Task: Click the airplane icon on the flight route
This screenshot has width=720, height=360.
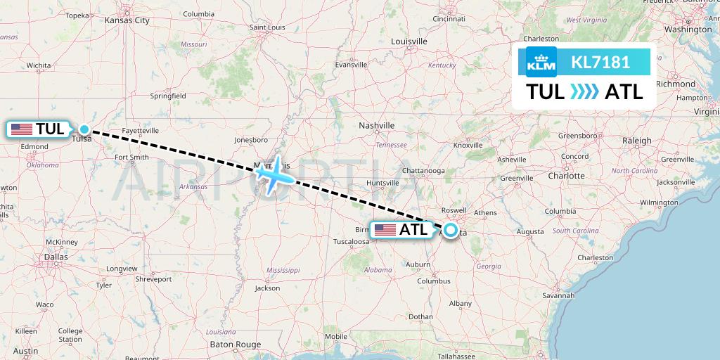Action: pos(272,174)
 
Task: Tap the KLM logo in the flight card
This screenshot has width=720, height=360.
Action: pos(541,63)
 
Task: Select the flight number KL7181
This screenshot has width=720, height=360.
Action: pos(600,63)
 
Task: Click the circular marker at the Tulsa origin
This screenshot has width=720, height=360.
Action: pos(84,129)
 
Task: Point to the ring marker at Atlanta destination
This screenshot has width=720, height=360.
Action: pos(449,229)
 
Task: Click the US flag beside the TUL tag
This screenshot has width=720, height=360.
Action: pos(21,129)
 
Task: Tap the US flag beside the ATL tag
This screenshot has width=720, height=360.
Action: pos(385,230)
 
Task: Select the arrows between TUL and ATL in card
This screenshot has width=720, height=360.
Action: pos(584,92)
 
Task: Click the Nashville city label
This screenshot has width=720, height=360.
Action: pos(377,125)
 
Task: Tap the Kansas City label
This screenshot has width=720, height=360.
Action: pos(127,20)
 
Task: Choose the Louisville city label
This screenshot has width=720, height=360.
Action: pos(409,41)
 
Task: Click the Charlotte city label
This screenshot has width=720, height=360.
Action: pos(566,176)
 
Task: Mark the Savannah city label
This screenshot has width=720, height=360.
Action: pos(559,295)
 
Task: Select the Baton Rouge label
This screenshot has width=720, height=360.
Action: pos(236,344)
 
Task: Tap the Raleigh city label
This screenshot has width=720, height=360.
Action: pos(636,141)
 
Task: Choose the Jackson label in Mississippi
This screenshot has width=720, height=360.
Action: pos(267,288)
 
